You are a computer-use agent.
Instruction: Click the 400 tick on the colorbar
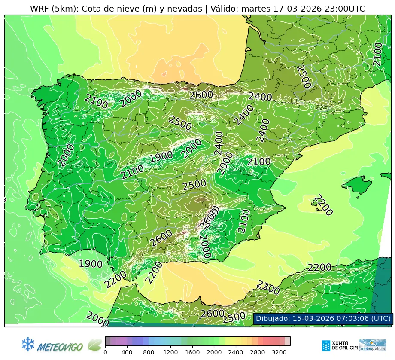tap(127, 352)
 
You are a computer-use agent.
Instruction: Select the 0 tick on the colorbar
tap(105, 352)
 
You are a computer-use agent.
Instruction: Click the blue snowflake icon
tap(28, 344)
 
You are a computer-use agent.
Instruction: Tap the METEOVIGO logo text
tap(61, 346)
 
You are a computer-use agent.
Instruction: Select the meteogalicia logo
tap(373, 345)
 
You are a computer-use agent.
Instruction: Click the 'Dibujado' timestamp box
tap(323, 318)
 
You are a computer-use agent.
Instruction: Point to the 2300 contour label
tap(268, 287)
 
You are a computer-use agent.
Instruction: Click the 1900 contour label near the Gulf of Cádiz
tap(91, 264)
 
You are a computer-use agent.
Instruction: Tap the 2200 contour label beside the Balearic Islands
tap(323, 205)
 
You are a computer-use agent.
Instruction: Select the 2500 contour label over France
tap(304, 76)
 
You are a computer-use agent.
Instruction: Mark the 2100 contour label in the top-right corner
tap(377, 54)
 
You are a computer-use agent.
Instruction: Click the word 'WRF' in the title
tap(39, 9)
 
